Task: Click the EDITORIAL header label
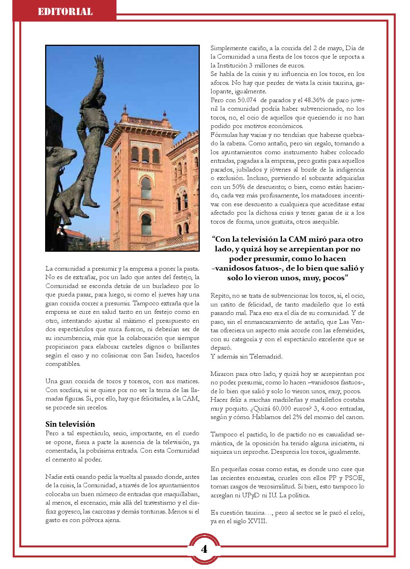click(x=65, y=12)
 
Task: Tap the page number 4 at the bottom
click(x=204, y=549)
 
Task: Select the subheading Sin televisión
click(x=70, y=424)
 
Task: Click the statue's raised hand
click(x=100, y=62)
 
